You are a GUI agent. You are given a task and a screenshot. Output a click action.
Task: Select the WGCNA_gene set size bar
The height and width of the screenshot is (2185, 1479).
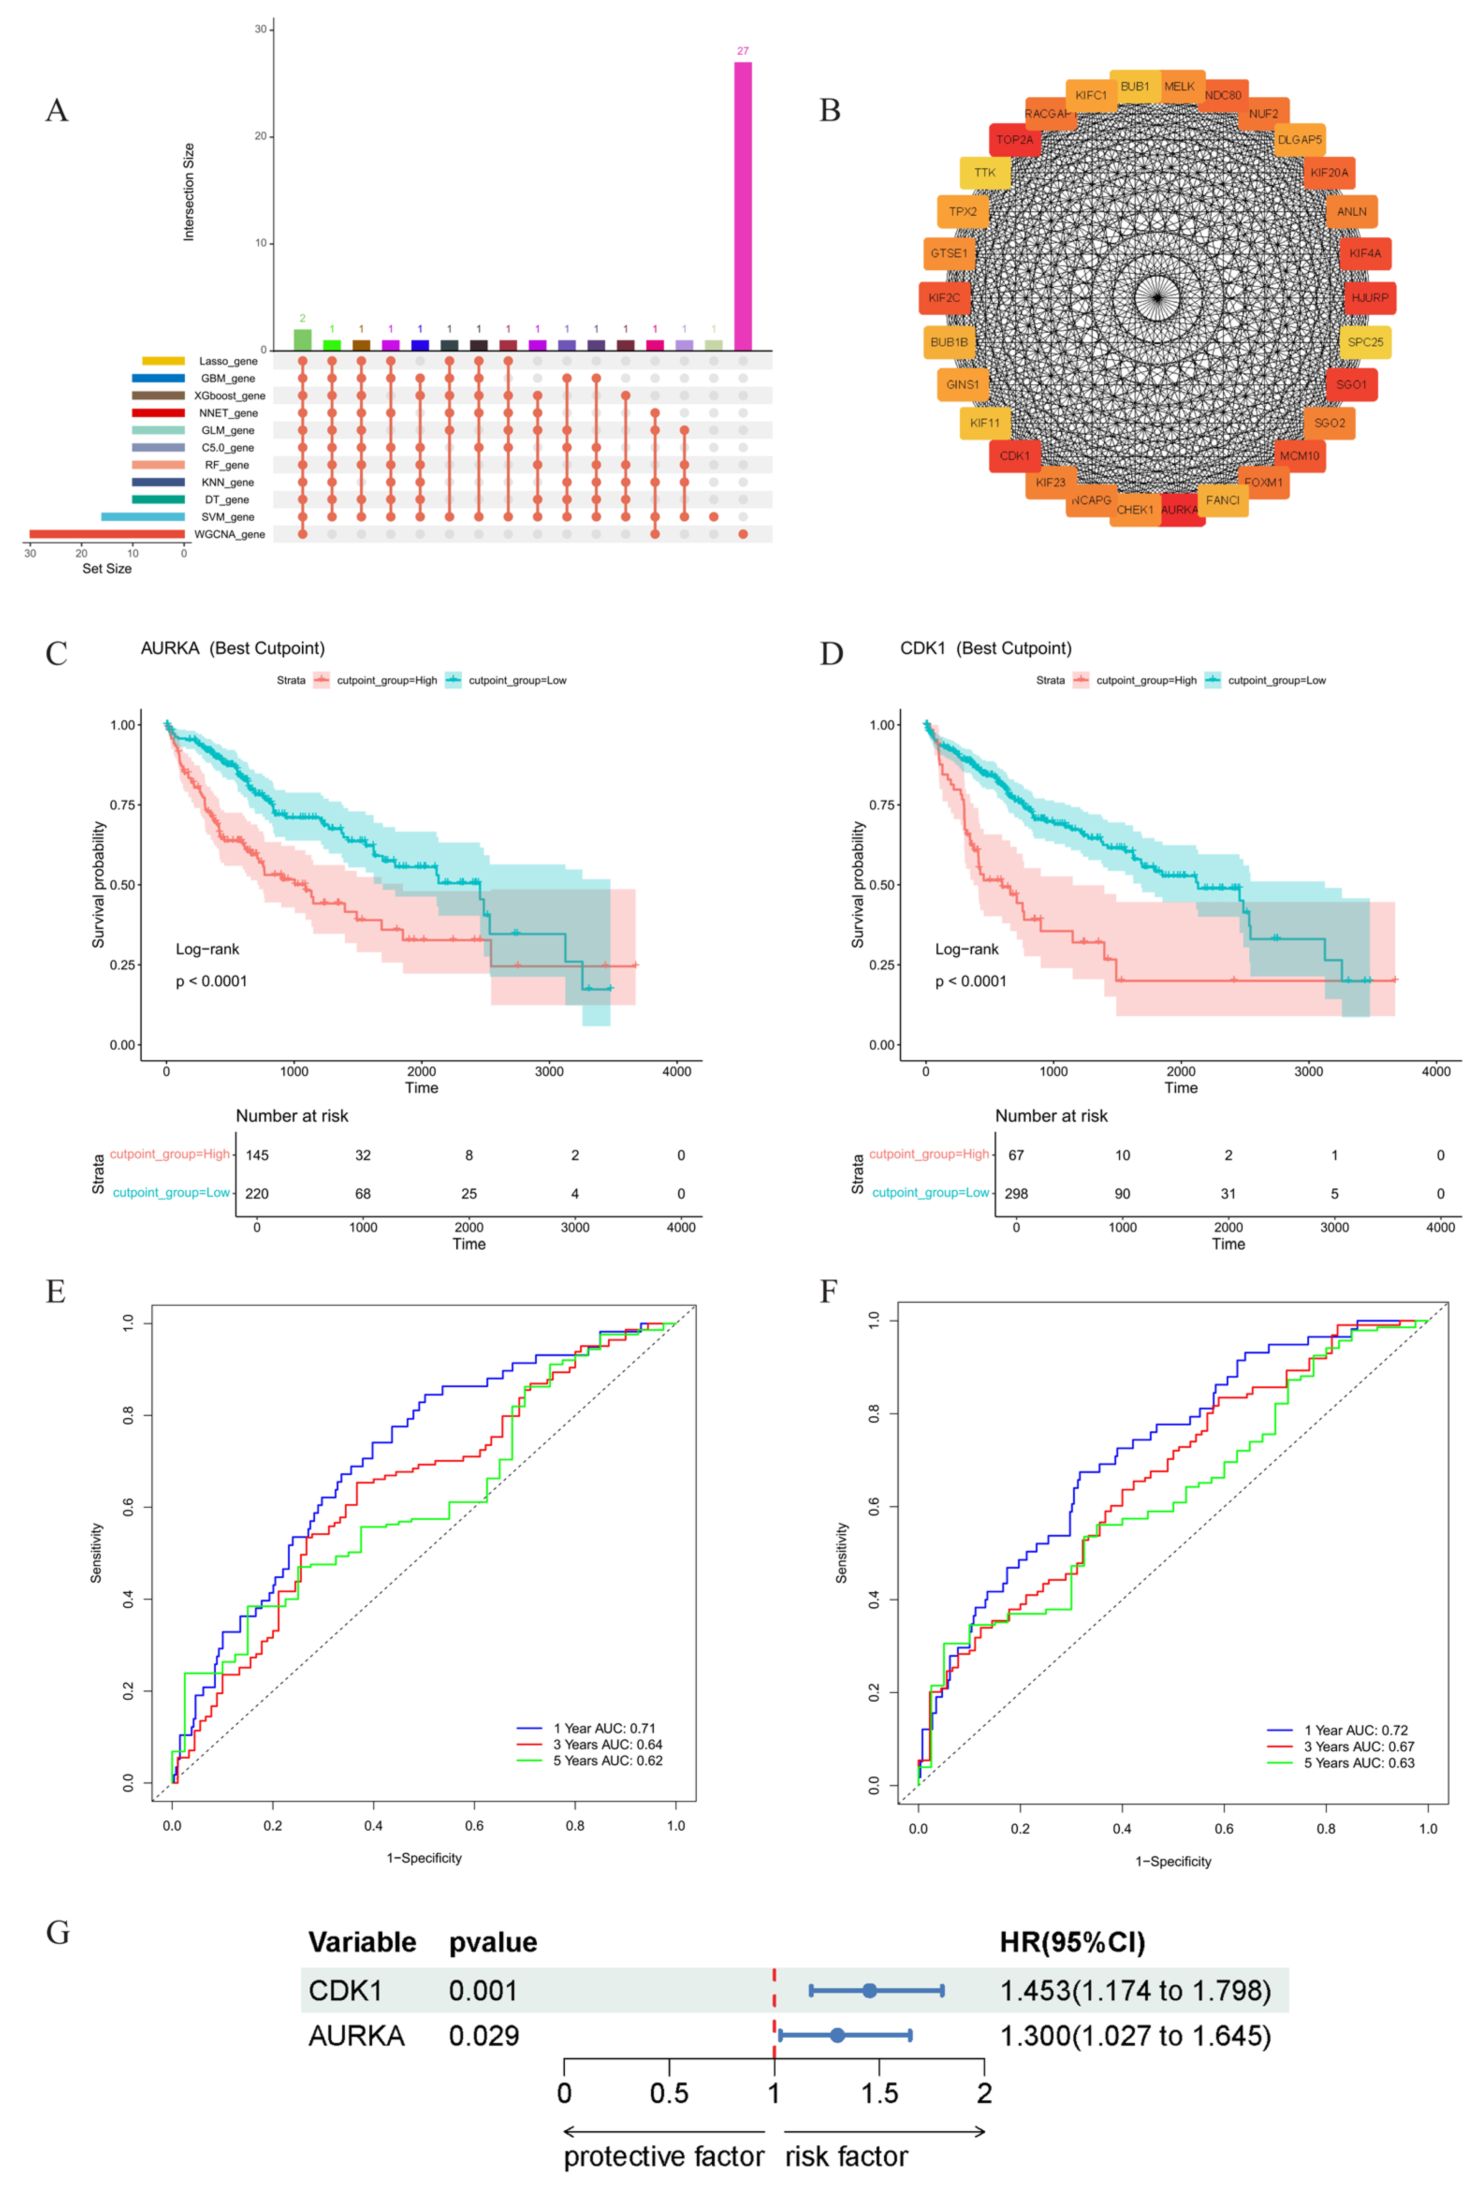(x=106, y=534)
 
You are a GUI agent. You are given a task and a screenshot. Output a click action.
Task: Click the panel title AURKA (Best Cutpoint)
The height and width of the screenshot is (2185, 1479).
(x=232, y=648)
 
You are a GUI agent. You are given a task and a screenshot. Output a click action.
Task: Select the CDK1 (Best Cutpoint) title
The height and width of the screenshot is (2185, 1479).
(x=985, y=648)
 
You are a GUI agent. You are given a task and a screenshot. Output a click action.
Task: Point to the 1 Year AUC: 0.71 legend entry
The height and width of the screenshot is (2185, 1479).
(x=604, y=1728)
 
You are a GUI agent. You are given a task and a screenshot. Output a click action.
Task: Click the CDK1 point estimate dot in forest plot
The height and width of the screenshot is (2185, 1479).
(x=870, y=1990)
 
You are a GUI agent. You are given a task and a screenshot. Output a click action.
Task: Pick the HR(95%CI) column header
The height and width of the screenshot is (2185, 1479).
(x=1072, y=1943)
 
